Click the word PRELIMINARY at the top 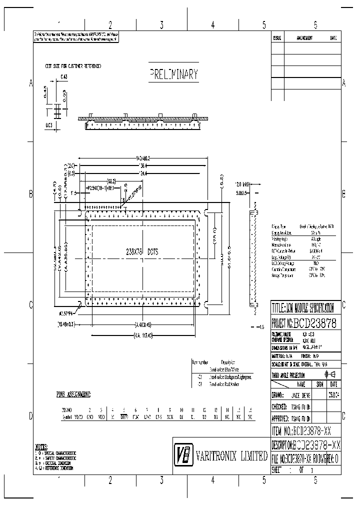174,75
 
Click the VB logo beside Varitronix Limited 183,455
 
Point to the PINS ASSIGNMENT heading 73,394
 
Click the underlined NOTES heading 41,446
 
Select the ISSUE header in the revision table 277,38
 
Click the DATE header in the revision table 333,38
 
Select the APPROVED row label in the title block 280,416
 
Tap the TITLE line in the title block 305,307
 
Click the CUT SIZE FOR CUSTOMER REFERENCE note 73,66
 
